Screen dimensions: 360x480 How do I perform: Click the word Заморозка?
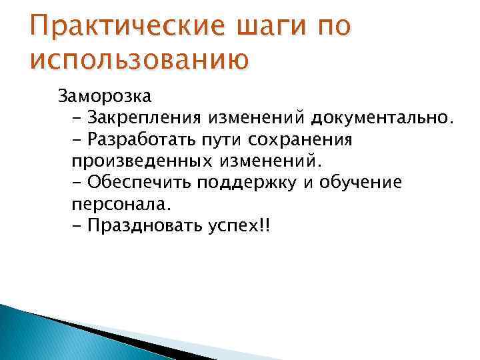pyautogui.click(x=105, y=97)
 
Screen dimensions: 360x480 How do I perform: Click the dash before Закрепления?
pyautogui.click(x=75, y=119)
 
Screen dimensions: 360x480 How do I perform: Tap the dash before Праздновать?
pyautogui.click(x=75, y=226)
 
